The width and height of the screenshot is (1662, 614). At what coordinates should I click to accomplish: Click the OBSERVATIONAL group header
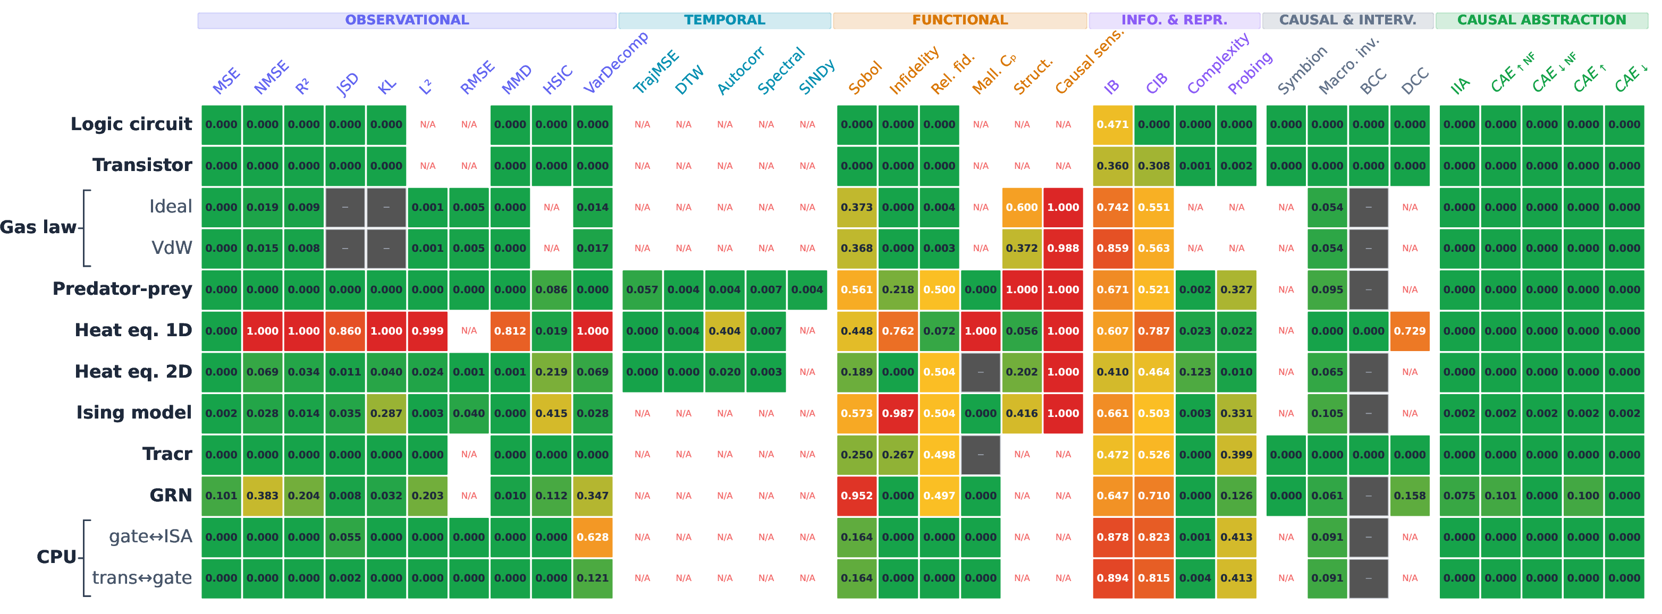pyautogui.click(x=407, y=20)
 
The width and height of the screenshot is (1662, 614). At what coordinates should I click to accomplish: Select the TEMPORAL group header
pyautogui.click(x=724, y=20)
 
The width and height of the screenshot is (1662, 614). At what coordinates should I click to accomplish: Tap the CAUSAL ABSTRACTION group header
pyautogui.click(x=1541, y=20)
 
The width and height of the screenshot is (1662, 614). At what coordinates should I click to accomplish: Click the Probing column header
pyautogui.click(x=1250, y=73)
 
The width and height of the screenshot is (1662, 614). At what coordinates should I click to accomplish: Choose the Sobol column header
pyautogui.click(x=865, y=78)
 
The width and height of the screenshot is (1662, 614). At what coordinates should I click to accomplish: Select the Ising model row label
pyautogui.click(x=134, y=413)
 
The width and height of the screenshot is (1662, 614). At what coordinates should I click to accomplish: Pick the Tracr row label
pyautogui.click(x=167, y=454)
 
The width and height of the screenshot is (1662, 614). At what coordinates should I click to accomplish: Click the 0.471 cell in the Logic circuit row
pyautogui.click(x=1113, y=124)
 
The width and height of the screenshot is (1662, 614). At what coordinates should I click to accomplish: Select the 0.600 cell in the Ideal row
pyautogui.click(x=1022, y=207)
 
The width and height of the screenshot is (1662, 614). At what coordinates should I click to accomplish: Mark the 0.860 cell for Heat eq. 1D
pyautogui.click(x=345, y=331)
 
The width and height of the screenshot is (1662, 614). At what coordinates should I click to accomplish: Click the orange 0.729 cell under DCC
pyautogui.click(x=1410, y=331)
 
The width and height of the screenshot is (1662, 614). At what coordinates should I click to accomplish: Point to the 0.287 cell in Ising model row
pyautogui.click(x=386, y=413)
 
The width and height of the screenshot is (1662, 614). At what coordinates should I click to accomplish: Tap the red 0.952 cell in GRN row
pyautogui.click(x=857, y=496)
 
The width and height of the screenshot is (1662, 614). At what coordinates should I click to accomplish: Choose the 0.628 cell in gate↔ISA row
pyautogui.click(x=593, y=538)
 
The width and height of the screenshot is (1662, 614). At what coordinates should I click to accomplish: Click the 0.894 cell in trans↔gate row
pyautogui.click(x=1113, y=578)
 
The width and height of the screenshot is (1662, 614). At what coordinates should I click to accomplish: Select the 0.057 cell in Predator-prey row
pyautogui.click(x=642, y=289)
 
